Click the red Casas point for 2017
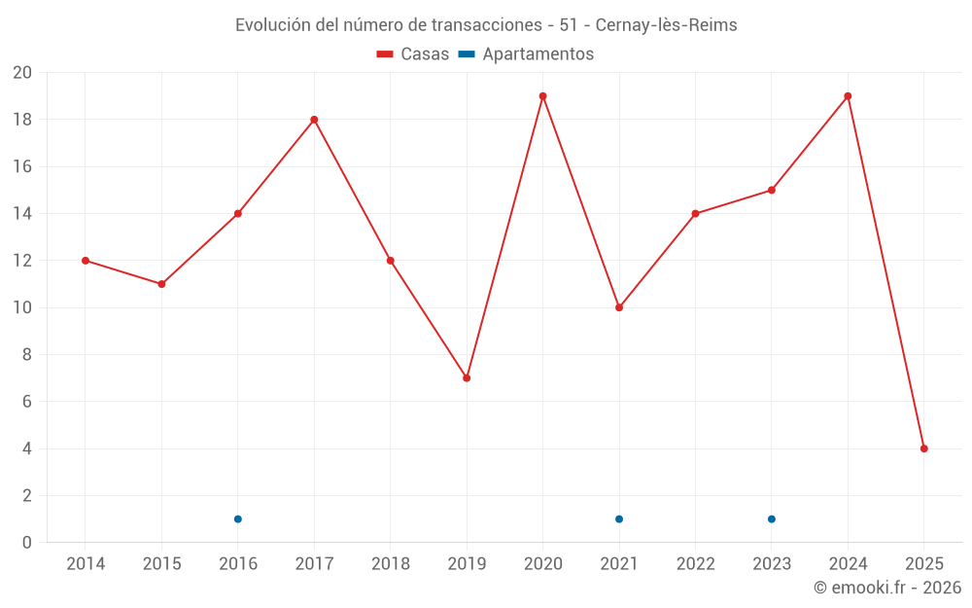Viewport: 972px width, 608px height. click(x=314, y=120)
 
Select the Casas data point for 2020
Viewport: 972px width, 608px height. click(x=542, y=96)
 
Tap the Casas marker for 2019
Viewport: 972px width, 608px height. click(x=467, y=377)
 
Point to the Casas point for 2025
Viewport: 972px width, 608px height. click(x=923, y=448)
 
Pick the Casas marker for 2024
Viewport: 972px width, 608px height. click(x=848, y=96)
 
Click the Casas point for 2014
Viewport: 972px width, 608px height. click(x=86, y=261)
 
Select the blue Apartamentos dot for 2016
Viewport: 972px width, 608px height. click(x=238, y=519)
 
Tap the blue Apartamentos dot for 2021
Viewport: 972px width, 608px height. click(x=619, y=519)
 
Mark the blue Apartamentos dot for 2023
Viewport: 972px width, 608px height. click(x=772, y=519)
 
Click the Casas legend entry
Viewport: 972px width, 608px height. click(x=413, y=54)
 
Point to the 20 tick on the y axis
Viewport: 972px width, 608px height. click(x=22, y=73)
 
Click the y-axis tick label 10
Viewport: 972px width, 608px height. click(x=22, y=307)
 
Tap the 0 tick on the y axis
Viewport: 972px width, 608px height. click(x=27, y=542)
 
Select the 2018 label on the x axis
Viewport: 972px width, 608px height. click(x=390, y=563)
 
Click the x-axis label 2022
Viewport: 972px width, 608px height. click(x=695, y=563)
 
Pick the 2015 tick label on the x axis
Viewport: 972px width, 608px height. click(x=161, y=563)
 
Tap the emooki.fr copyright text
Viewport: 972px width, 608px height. click(x=886, y=588)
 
